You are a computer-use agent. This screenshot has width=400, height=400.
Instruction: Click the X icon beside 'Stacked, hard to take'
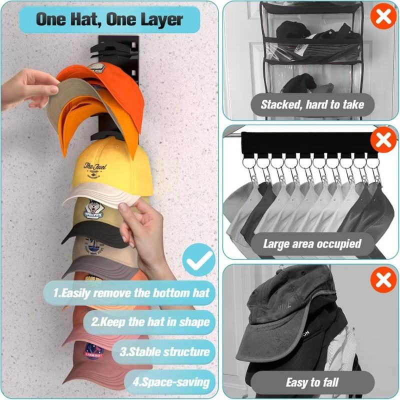click(383, 16)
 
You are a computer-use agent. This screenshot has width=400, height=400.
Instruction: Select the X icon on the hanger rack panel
click(383, 140)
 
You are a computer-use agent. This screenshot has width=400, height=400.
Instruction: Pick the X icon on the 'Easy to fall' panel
click(383, 279)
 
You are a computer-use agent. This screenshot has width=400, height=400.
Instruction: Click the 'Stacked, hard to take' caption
click(312, 105)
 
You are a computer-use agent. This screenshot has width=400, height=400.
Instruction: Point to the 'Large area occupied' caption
click(312, 244)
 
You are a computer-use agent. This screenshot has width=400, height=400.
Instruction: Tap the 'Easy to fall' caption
click(312, 383)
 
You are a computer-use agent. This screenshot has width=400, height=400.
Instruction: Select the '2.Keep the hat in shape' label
click(150, 321)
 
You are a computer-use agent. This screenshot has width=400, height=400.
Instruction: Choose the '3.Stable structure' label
click(164, 351)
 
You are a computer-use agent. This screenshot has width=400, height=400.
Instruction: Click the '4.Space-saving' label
click(170, 383)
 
